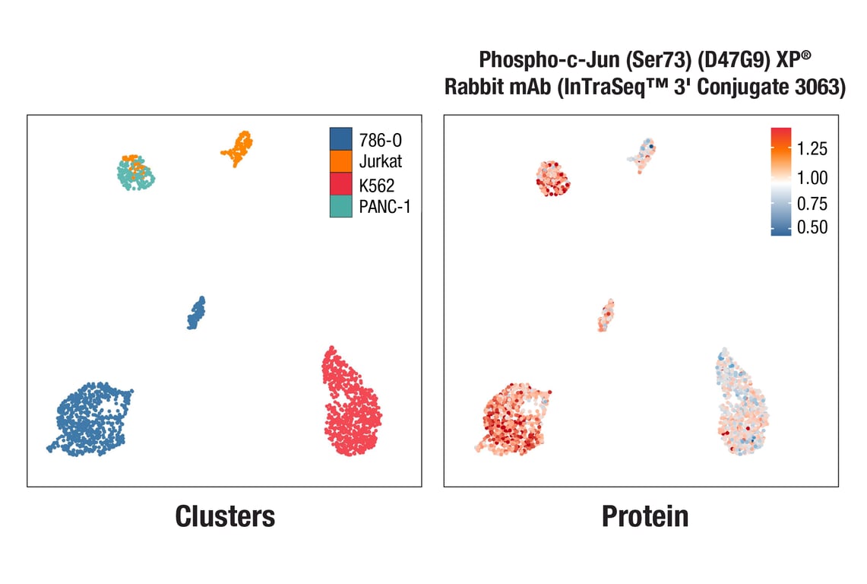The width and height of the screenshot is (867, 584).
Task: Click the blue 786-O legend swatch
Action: click(341, 139)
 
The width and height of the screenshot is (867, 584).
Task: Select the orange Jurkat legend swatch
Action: click(341, 161)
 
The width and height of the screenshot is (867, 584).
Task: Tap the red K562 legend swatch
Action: click(341, 184)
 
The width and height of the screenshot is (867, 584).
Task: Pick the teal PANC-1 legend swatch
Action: click(341, 206)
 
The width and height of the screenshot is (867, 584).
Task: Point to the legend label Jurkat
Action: click(381, 161)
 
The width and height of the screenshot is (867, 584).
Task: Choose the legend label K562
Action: click(377, 184)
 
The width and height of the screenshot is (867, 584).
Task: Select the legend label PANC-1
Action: click(384, 206)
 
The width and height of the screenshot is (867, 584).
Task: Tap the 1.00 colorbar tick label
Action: click(812, 178)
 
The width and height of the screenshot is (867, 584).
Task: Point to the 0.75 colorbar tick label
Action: click(812, 204)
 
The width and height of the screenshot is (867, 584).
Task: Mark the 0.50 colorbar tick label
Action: click(812, 227)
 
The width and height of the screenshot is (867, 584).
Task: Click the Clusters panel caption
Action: click(225, 516)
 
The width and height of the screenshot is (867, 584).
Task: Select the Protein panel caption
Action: click(645, 516)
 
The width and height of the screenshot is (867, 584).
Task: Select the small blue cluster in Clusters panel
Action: click(196, 313)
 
